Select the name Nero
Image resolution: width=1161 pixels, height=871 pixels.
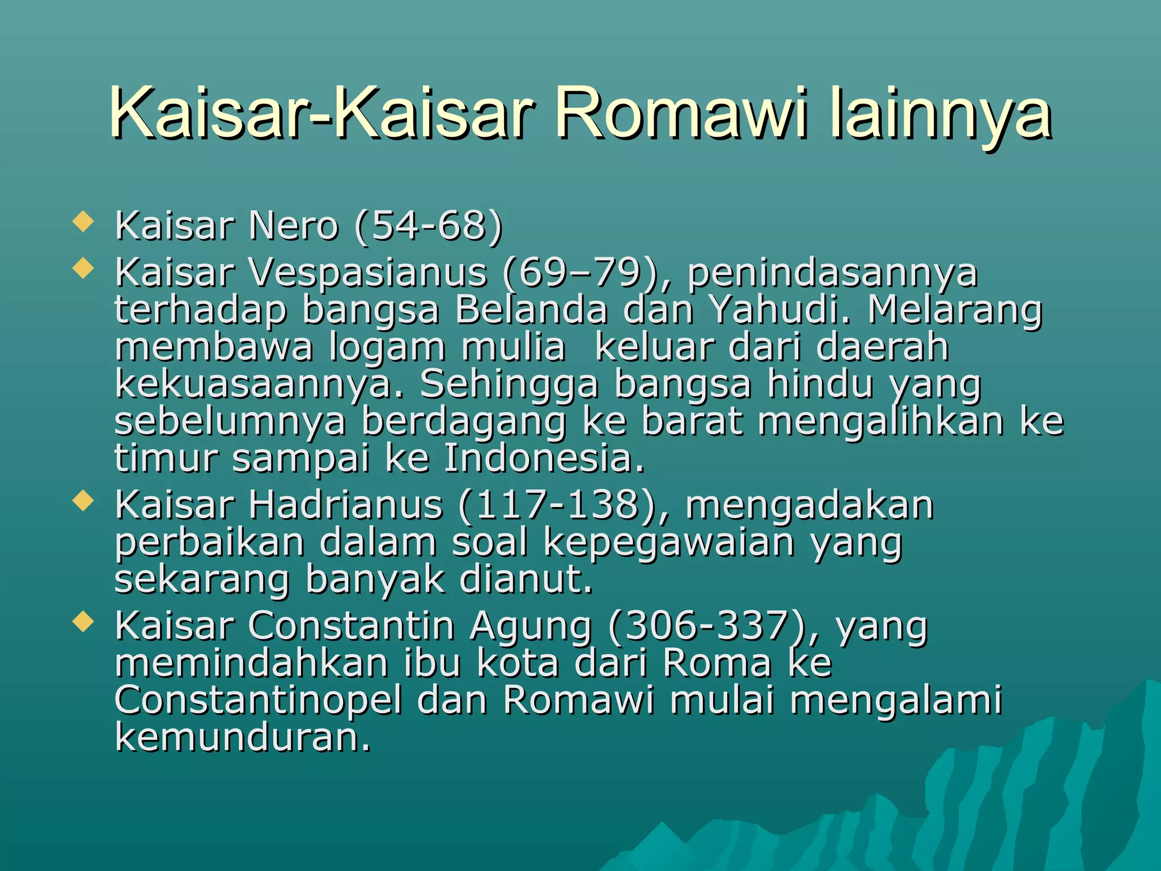point(293,226)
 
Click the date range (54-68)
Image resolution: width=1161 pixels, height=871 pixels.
point(428,226)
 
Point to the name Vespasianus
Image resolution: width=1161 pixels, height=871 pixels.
point(367,273)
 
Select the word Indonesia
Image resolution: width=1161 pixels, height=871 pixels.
point(544,458)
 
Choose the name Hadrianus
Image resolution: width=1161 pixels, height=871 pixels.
point(345,505)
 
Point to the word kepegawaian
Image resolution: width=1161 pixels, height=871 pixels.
point(669,543)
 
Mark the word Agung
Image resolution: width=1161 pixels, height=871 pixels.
point(531,627)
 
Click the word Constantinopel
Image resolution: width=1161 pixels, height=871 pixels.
point(259,700)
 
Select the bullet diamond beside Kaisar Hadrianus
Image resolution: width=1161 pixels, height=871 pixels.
point(83,501)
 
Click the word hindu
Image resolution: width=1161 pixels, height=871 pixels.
point(820,384)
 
